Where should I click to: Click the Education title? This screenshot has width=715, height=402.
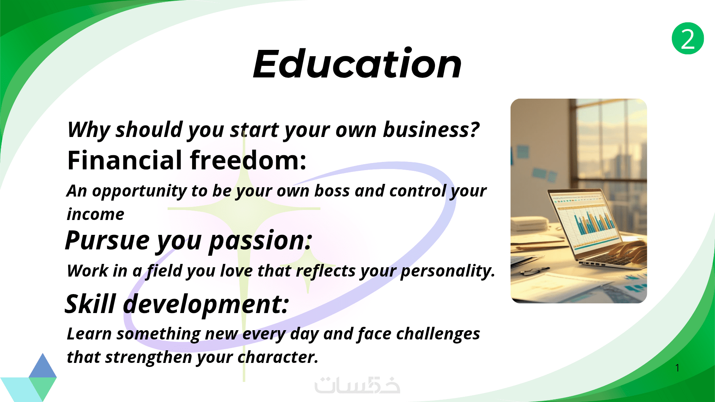tap(357, 64)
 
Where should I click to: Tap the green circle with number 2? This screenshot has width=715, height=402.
tap(688, 38)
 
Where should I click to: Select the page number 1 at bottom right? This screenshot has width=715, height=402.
tap(677, 368)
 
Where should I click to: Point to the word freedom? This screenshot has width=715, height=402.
tap(248, 160)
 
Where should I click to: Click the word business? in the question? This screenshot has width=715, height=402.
tap(431, 130)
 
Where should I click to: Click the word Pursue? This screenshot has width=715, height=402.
tap(107, 240)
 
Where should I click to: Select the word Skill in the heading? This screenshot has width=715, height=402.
tap(90, 304)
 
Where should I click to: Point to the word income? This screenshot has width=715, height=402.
tap(95, 214)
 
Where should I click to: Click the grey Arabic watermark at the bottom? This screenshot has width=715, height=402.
tap(357, 385)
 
